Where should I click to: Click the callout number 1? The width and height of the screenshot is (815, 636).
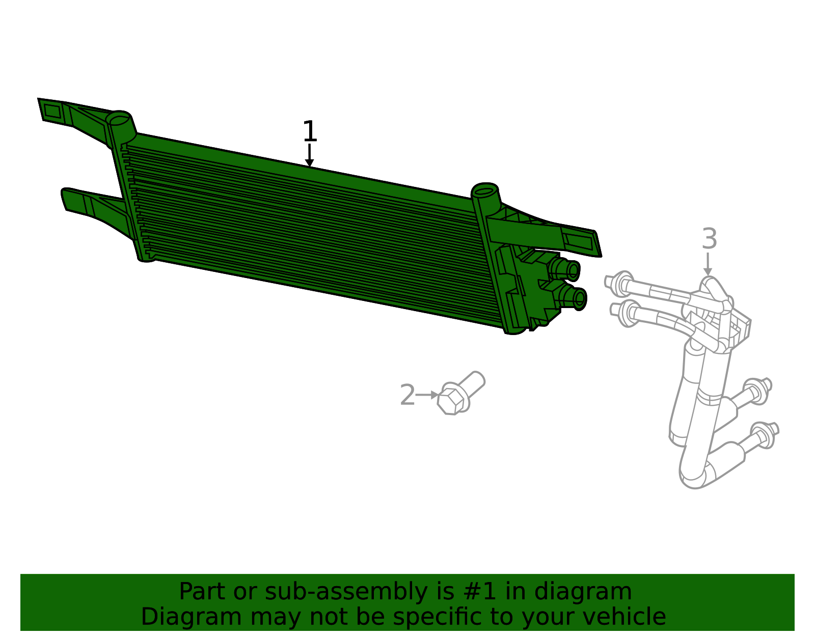(x=310, y=131)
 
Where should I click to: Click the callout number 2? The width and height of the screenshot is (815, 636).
(x=407, y=395)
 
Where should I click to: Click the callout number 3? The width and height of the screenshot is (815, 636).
(x=709, y=238)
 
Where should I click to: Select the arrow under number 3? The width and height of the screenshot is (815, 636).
(x=708, y=264)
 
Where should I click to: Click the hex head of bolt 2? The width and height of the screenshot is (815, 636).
(x=451, y=402)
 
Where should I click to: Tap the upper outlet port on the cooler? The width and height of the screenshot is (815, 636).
(x=564, y=269)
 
